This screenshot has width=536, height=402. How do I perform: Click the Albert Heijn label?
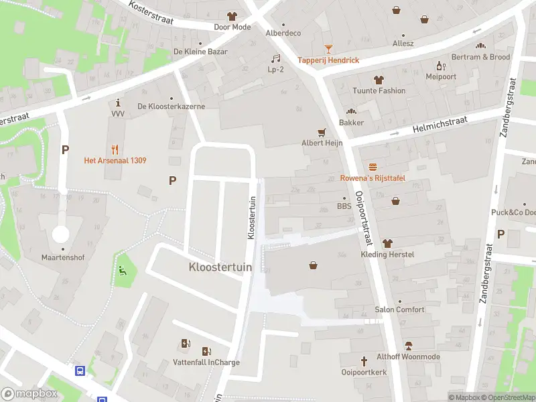coord(322,143)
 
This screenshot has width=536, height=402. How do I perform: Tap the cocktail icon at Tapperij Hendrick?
coord(328,48)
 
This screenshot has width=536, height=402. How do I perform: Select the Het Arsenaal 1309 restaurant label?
coord(115,160)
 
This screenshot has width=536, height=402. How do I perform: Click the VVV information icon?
coord(119,103)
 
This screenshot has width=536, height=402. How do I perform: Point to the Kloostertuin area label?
coord(220,267)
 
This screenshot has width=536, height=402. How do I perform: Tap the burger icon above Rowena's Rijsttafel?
coord(372,166)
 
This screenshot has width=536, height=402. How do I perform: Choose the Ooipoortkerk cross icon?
coord(364,360)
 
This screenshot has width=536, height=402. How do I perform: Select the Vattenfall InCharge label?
coord(206,362)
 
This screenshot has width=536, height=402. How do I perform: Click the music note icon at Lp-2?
coord(275,58)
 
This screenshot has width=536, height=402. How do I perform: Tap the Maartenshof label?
coord(61,257)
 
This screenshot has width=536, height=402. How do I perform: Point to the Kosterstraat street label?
coord(152,14)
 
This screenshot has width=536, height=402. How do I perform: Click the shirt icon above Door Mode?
coord(232,16)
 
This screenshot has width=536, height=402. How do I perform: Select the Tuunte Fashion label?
coord(379,90)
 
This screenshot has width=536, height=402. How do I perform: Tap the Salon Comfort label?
coord(399,310)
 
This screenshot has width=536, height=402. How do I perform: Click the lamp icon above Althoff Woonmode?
coord(408,346)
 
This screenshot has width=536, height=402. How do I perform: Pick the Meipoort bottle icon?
coord(440,65)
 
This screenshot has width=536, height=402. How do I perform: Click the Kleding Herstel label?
coord(387,255)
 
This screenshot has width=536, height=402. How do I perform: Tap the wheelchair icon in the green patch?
coord(122,271)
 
